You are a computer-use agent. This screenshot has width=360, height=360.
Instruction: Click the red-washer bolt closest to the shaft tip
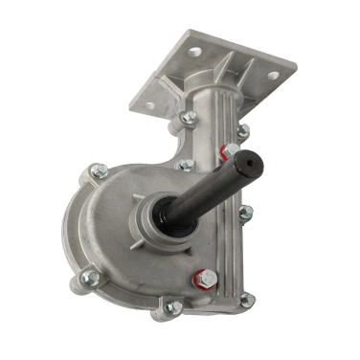[230, 150]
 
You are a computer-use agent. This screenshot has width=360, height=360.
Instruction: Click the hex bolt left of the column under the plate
[188, 118]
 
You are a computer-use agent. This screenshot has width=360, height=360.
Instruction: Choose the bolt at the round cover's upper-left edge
[96, 171]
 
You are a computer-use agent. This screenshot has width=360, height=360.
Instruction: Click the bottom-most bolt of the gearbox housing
[172, 307]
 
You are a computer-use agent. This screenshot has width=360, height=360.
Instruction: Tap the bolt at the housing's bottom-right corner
[246, 301]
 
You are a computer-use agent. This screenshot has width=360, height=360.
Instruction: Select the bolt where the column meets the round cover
[186, 165]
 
